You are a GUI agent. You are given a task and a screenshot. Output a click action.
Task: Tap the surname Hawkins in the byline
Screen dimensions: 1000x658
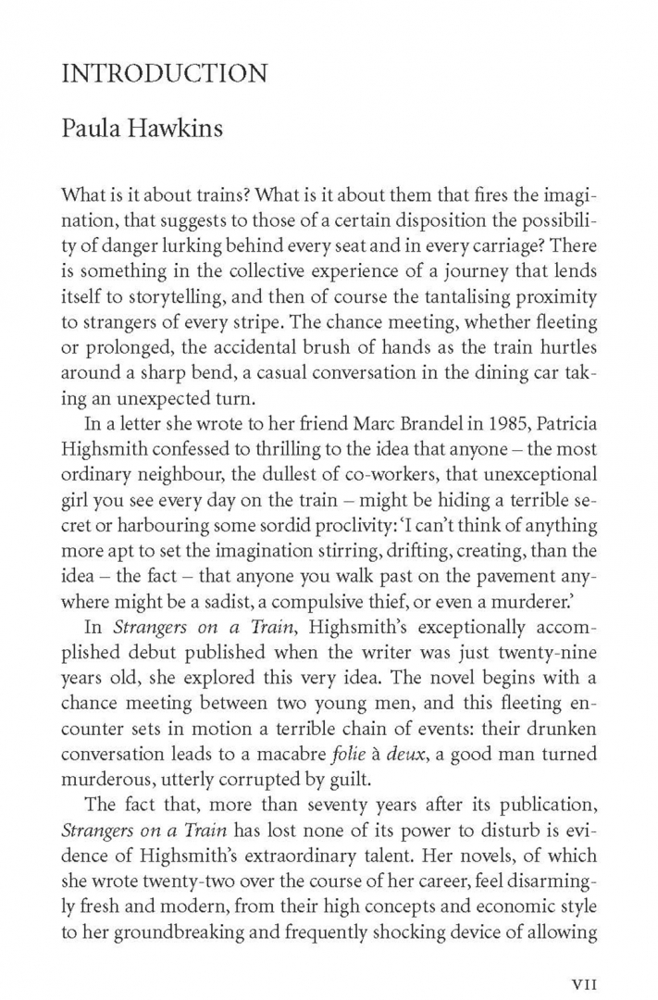[x=180, y=128]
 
